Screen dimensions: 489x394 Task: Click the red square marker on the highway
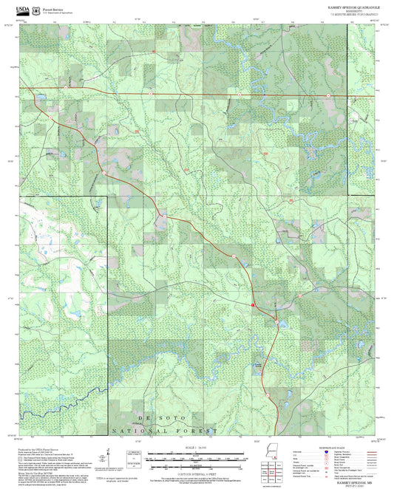pyautogui.click(x=253, y=304)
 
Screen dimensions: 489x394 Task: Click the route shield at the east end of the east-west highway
pyautogui.click(x=239, y=95)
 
